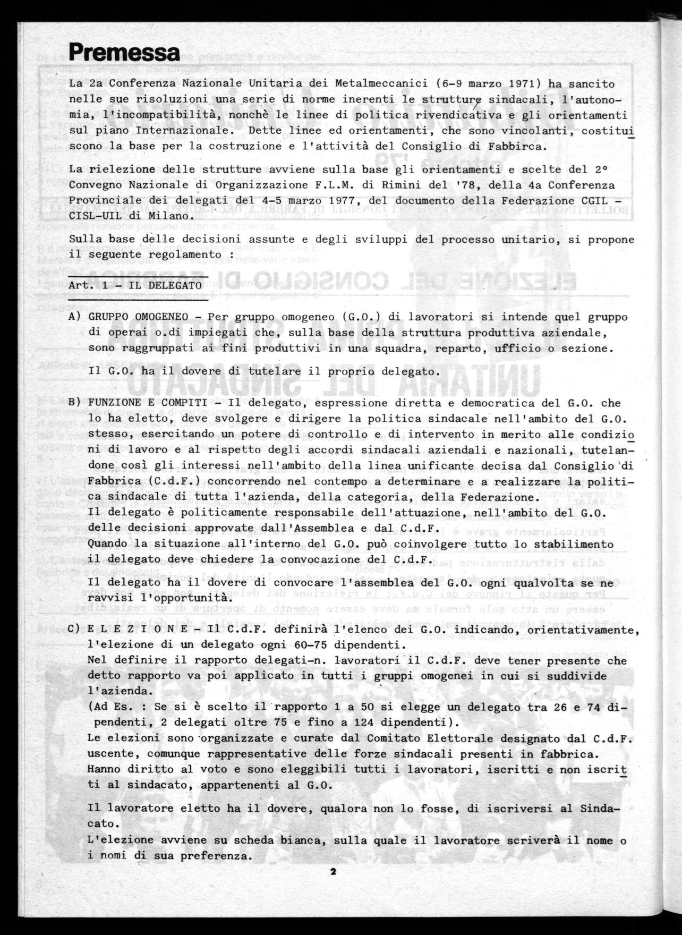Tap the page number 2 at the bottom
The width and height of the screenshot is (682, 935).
click(333, 871)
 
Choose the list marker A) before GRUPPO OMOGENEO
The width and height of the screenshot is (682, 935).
click(74, 317)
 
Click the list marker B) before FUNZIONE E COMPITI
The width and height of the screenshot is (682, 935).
click(74, 404)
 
